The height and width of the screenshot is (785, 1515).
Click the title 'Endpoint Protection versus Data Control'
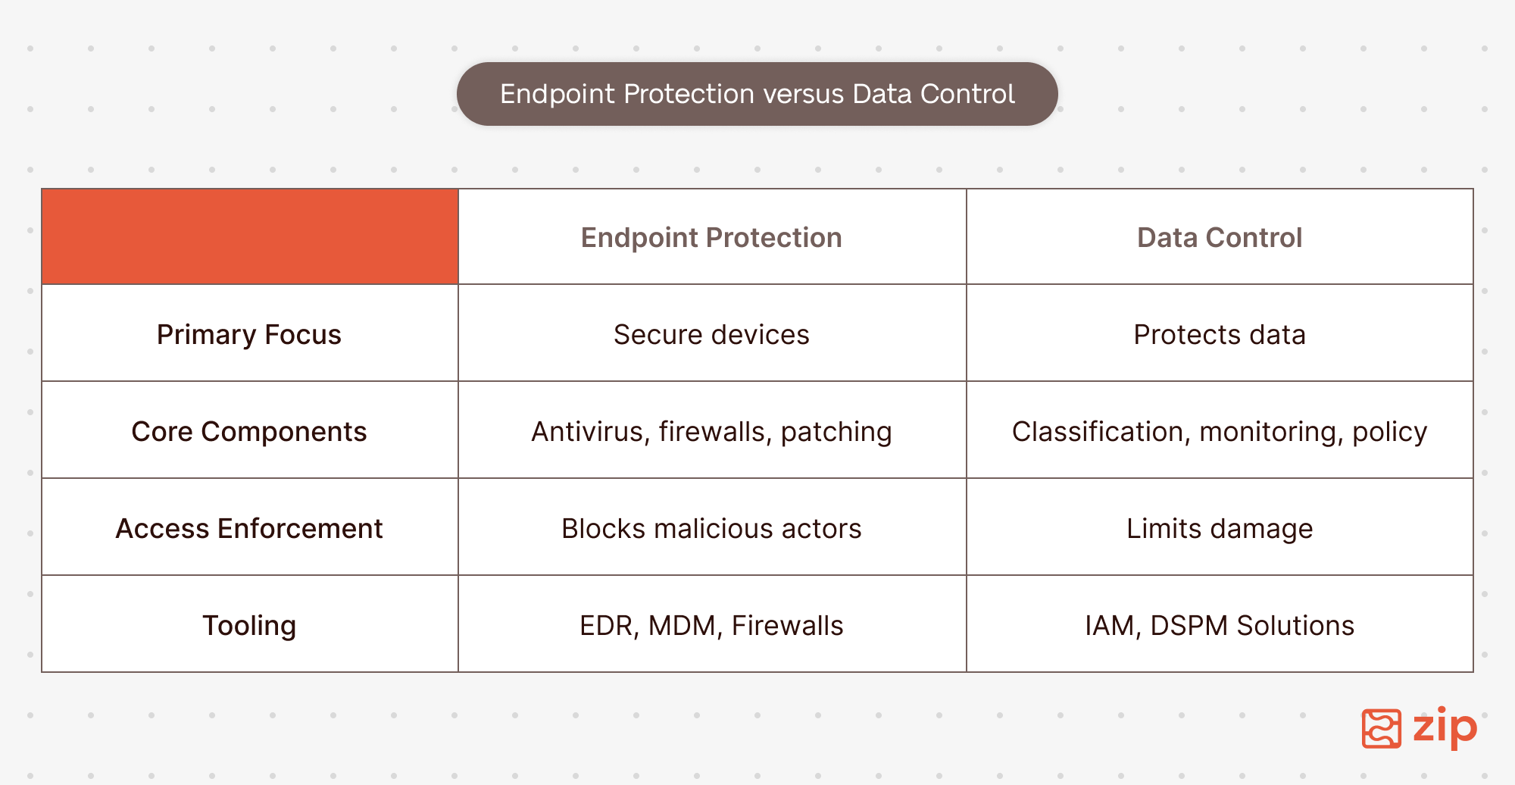(757, 94)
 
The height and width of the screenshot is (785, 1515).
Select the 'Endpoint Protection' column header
(711, 237)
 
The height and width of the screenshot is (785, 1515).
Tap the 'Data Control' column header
(1220, 237)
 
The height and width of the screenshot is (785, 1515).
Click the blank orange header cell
(250, 236)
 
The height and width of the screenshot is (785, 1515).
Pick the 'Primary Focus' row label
(249, 334)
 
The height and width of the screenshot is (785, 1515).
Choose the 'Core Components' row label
(249, 431)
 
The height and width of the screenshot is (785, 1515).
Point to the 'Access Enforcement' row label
(249, 528)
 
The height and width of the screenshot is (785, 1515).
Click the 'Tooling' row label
(249, 626)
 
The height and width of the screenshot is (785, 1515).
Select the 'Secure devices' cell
(711, 334)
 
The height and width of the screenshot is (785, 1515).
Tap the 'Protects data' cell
(1220, 334)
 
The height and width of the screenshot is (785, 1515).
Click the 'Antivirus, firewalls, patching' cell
(711, 432)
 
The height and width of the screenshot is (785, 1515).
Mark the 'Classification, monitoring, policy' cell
(1220, 432)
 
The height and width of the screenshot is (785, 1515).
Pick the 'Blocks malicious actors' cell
(711, 528)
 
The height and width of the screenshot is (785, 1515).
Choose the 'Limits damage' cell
(1220, 529)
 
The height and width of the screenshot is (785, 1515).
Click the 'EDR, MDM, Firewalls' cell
(711, 626)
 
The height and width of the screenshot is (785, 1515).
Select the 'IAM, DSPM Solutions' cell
(1220, 626)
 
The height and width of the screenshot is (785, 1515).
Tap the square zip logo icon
(1382, 729)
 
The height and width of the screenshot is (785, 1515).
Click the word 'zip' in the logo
(1445, 727)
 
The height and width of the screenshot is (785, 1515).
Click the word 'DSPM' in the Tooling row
(1189, 626)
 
